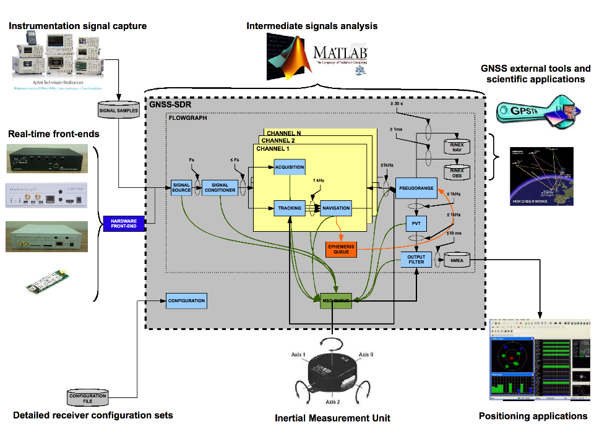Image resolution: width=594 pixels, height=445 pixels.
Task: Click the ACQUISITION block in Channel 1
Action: tap(290, 167)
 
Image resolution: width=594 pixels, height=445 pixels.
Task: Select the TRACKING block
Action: tap(290, 208)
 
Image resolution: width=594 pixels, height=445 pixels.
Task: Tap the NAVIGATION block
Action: tap(336, 208)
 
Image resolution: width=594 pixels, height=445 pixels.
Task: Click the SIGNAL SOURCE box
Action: tap(182, 188)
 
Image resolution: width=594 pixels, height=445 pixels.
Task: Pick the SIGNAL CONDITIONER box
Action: tap(220, 188)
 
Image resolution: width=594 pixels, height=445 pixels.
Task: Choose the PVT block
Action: tap(415, 224)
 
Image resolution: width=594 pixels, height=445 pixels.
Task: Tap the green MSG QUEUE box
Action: tap(336, 301)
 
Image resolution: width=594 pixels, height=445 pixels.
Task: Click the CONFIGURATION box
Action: tap(186, 301)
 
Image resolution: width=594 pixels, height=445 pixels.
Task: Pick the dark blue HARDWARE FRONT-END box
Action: tap(124, 224)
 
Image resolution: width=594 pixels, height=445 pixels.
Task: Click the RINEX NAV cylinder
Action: tap(457, 147)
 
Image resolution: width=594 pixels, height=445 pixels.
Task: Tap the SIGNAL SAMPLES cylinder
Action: tap(119, 111)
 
